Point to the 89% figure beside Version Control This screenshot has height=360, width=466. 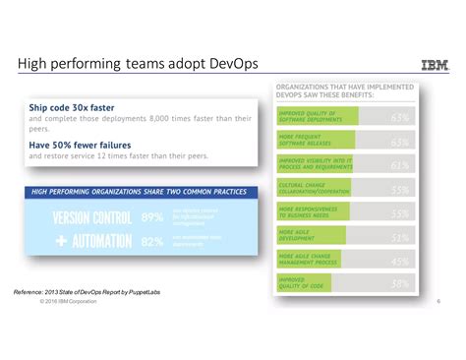tap(152, 216)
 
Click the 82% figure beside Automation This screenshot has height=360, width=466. tap(152, 241)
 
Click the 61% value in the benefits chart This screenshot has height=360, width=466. tap(400, 165)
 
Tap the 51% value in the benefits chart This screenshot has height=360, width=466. tap(400, 237)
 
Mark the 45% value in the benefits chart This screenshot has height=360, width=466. tap(400, 262)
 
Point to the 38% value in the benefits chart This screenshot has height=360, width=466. tap(400, 284)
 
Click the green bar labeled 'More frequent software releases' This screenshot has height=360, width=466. tap(316, 142)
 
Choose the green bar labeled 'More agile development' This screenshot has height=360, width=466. tap(310, 237)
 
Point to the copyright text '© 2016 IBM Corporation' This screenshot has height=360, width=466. tap(69, 301)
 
